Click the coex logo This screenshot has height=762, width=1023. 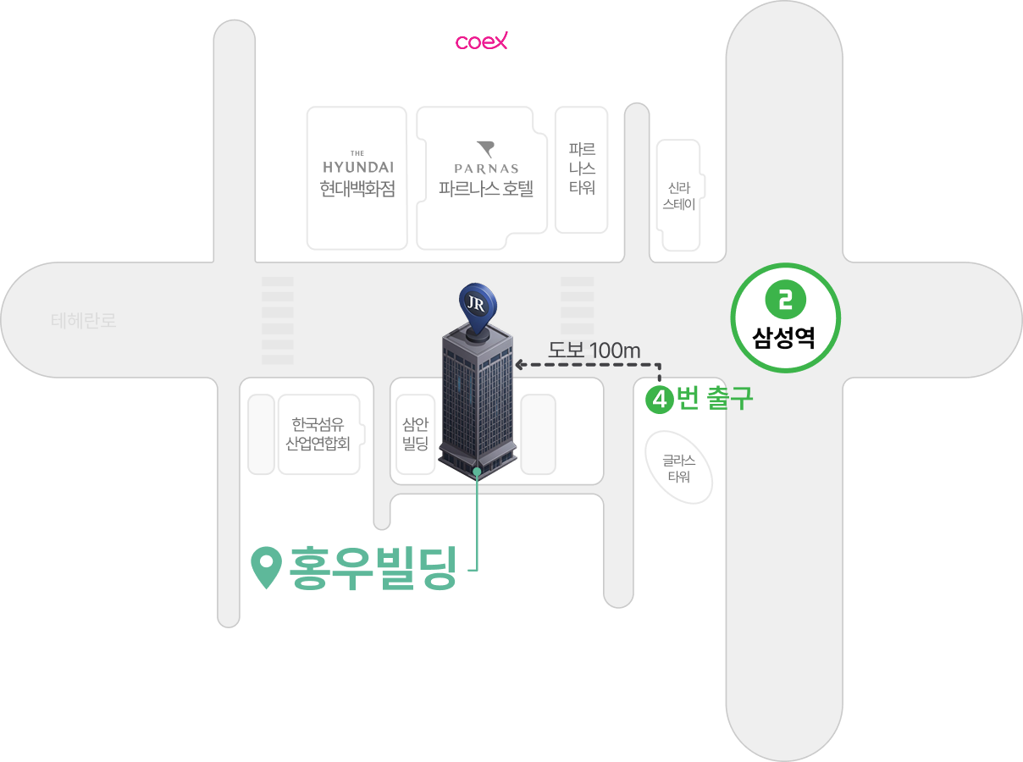point(482,41)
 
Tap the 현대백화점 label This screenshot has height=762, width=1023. point(357,188)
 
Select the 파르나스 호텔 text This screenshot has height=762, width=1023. point(485,188)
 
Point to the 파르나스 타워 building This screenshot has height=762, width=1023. point(581,169)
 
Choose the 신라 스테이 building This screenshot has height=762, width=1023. point(680,196)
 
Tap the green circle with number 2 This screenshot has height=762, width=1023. point(785,300)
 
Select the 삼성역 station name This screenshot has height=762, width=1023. point(784,339)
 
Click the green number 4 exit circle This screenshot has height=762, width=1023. point(659,399)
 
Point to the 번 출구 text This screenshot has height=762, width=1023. point(715,398)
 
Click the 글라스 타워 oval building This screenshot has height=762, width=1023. point(678,468)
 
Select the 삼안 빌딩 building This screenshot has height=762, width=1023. point(415,434)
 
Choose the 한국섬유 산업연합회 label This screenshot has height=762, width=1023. point(318,433)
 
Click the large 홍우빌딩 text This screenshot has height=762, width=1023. point(373,568)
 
